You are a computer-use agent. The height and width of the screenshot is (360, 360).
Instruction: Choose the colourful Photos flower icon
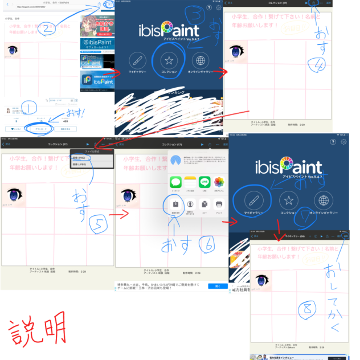tap(219, 182)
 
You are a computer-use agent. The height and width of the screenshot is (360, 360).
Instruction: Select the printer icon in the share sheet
tap(219, 204)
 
